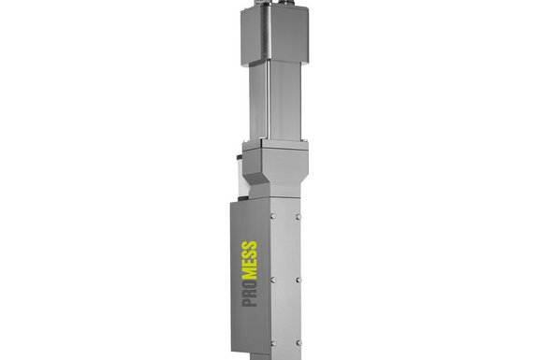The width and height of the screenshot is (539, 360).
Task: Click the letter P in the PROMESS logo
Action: tap(250, 302)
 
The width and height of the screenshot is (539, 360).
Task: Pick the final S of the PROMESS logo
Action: tap(249, 245)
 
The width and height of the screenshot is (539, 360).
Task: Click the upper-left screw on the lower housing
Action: tap(273, 216)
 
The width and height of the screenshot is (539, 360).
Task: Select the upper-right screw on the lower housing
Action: tap(298, 217)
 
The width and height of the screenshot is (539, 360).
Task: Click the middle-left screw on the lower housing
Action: tap(273, 280)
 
